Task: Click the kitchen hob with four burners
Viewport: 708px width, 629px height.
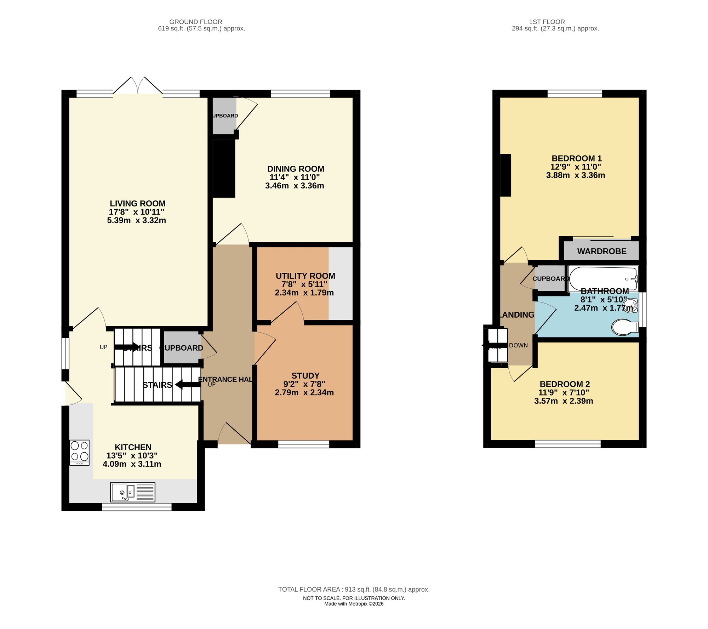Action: [x=79, y=452]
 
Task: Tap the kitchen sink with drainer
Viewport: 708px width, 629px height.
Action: [x=132, y=492]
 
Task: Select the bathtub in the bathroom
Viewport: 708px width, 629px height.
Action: [x=603, y=279]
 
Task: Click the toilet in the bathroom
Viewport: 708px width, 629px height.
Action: [x=624, y=327]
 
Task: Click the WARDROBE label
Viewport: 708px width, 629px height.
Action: [x=601, y=251]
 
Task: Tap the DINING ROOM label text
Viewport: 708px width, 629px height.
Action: [x=296, y=169]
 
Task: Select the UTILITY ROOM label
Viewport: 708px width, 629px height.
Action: [x=305, y=276]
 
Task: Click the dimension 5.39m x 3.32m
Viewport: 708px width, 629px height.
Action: [x=136, y=220]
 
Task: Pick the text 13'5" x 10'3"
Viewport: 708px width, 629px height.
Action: [x=132, y=455]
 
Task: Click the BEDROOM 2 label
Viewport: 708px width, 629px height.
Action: [x=564, y=384]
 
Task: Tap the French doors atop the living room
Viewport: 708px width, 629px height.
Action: [x=138, y=86]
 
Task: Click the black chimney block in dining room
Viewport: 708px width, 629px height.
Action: [x=224, y=168]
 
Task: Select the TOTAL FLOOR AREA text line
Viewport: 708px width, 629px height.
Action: [x=354, y=589]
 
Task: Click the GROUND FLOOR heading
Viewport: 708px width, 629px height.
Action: [x=195, y=22]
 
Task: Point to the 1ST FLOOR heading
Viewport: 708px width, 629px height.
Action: [x=547, y=22]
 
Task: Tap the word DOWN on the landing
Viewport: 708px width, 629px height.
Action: [x=518, y=345]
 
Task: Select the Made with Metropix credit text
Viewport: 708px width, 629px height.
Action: [x=354, y=604]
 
